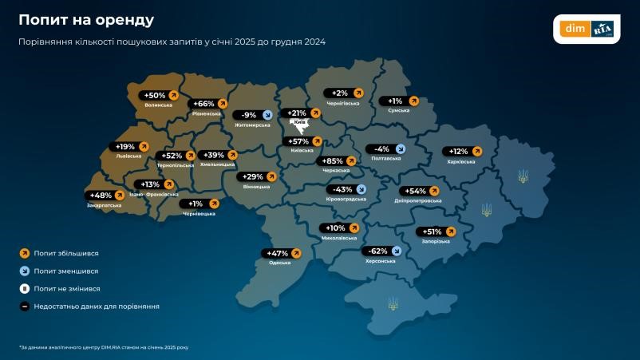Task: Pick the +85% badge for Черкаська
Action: pos(338,161)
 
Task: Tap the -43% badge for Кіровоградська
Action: pos(347,189)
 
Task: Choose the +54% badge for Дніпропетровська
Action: pos(421,191)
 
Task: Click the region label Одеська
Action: pos(279,263)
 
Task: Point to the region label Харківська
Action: pos(461,161)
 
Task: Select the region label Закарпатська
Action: pos(105,205)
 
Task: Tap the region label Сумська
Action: pos(398,111)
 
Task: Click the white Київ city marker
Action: pos(301,124)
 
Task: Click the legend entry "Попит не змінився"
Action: pos(67,288)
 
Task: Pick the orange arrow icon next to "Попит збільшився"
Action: pos(24,253)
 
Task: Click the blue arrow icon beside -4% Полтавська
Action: pos(400,148)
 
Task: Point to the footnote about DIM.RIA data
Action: pos(104,347)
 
